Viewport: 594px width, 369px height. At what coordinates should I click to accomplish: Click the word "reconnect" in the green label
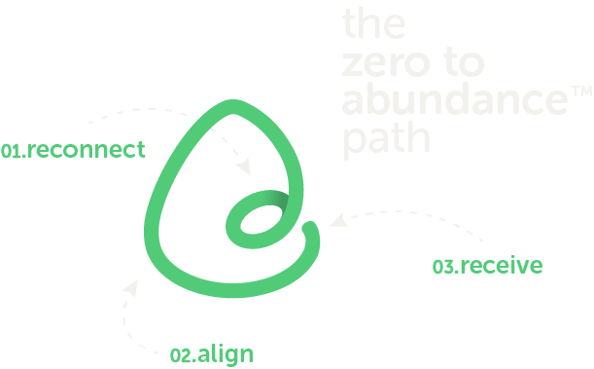click(87, 150)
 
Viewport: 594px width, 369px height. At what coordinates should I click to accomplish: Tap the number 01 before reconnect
click(12, 151)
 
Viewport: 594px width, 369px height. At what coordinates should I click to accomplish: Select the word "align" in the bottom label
click(225, 354)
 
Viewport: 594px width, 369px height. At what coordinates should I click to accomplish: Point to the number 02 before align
click(180, 355)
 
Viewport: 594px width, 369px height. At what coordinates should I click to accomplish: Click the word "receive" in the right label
click(501, 265)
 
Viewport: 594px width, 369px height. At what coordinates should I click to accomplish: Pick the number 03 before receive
click(443, 266)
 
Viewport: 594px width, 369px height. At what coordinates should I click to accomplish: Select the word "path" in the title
click(386, 139)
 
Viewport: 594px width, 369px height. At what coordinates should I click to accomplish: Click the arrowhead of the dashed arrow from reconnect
click(247, 170)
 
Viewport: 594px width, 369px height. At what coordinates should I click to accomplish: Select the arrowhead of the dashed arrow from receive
click(334, 221)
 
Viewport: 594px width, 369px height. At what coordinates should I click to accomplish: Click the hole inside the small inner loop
click(260, 222)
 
